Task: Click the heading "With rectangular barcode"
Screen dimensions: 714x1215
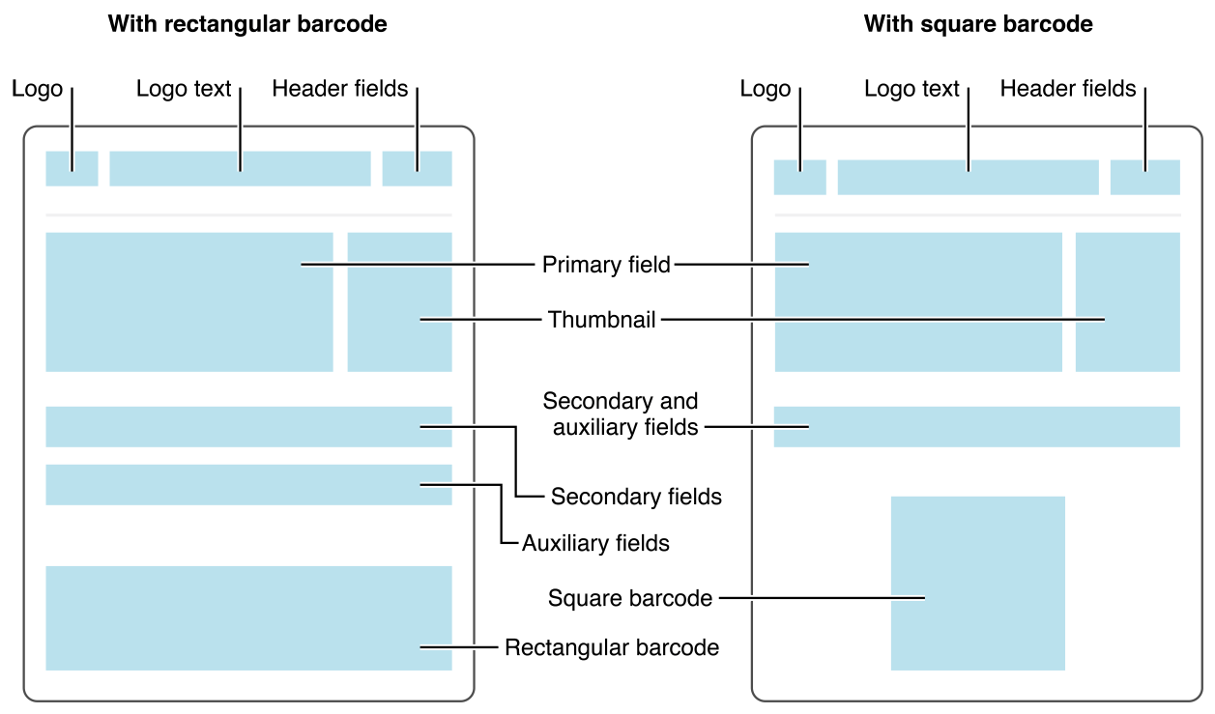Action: point(247,24)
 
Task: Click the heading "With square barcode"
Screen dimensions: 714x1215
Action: point(978,24)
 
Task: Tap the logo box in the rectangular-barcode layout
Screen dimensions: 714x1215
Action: point(72,168)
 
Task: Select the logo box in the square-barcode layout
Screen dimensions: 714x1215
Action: point(799,178)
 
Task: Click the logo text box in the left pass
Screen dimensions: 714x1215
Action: point(240,168)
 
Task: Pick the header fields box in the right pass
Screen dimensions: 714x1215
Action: point(1144,178)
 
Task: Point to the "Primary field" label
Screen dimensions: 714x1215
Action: point(606,265)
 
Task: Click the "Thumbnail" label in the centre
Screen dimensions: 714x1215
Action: point(601,320)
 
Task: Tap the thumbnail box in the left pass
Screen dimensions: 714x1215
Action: point(399,301)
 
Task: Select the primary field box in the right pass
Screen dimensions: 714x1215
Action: point(917,301)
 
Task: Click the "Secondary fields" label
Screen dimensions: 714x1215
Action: point(636,497)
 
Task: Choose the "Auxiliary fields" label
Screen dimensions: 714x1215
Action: point(595,543)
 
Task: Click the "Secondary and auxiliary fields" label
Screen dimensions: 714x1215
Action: point(621,414)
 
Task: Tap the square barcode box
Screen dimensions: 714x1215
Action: point(977,583)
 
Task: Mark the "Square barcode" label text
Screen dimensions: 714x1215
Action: point(629,599)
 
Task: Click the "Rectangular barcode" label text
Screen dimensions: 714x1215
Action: point(612,647)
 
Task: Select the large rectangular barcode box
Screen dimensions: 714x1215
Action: point(248,617)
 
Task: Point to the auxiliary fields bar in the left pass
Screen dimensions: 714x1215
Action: point(248,485)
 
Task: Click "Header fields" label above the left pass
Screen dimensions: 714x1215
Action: point(339,89)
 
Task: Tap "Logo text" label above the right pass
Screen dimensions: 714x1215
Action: point(911,89)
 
